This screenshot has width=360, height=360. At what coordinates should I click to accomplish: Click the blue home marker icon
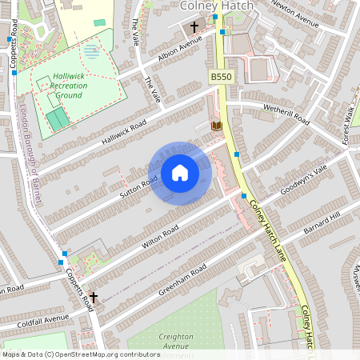(x=180, y=173)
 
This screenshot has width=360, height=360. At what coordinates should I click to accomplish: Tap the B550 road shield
(x=221, y=76)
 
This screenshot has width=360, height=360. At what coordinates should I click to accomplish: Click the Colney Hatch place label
(x=218, y=6)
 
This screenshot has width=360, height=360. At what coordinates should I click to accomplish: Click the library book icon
(x=214, y=126)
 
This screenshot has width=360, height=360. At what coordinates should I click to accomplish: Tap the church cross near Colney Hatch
(x=193, y=28)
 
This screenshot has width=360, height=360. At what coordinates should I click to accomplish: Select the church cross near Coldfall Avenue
(x=93, y=297)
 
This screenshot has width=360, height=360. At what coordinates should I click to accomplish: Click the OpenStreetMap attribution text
(x=81, y=354)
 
